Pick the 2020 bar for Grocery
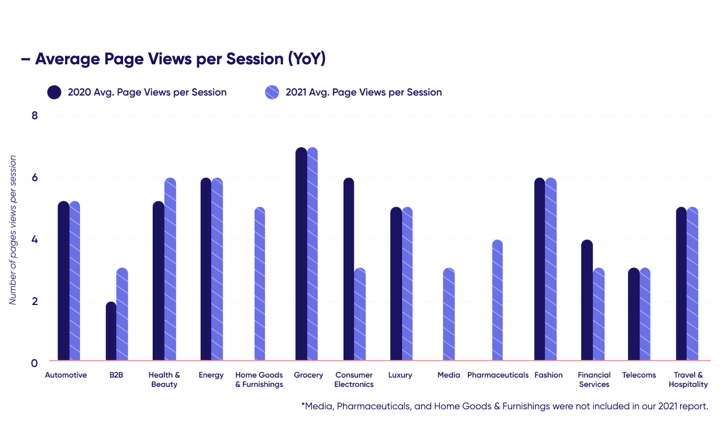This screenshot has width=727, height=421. (302, 253)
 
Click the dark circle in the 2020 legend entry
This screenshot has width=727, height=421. (54, 92)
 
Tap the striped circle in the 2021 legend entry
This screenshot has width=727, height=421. (272, 92)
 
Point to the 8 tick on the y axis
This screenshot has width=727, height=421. (35, 115)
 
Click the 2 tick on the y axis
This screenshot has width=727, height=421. (35, 301)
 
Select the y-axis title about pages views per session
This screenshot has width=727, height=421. (13, 230)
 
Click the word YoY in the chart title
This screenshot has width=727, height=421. (306, 59)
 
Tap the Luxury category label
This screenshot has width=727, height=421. (400, 375)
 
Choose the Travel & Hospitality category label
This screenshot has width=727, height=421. (688, 380)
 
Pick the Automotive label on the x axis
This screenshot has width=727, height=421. (66, 375)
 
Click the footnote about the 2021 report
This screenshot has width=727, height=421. (505, 406)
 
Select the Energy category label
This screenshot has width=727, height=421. (211, 375)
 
